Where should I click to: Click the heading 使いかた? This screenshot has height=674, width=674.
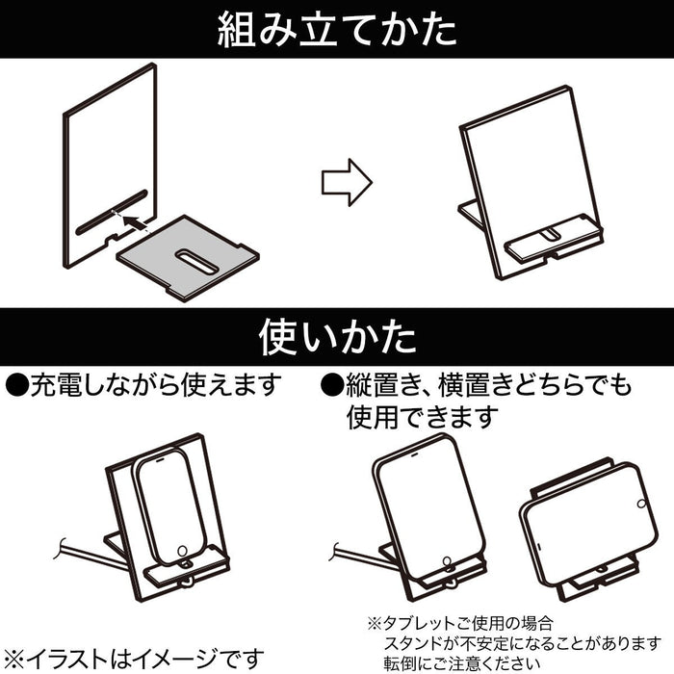tap(336, 336)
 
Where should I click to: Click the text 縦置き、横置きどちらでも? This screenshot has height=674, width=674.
tap(490, 385)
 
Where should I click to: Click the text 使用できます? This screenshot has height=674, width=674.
tap(418, 417)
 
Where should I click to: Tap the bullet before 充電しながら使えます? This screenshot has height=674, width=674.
tap(17, 385)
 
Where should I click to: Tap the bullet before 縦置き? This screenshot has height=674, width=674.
tap(331, 385)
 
